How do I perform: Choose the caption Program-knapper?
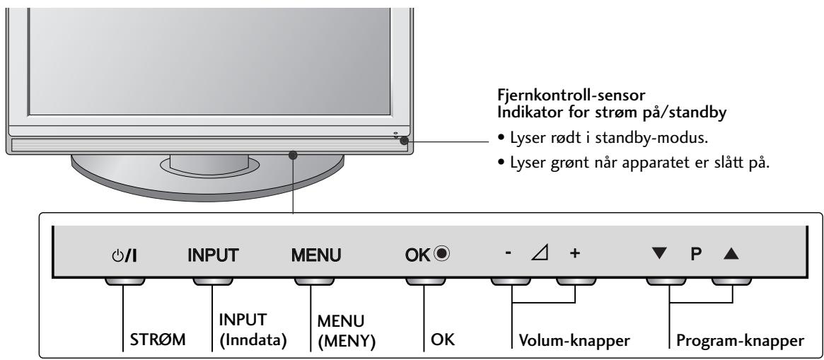(738, 340)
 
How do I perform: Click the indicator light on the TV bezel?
(403, 141)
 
